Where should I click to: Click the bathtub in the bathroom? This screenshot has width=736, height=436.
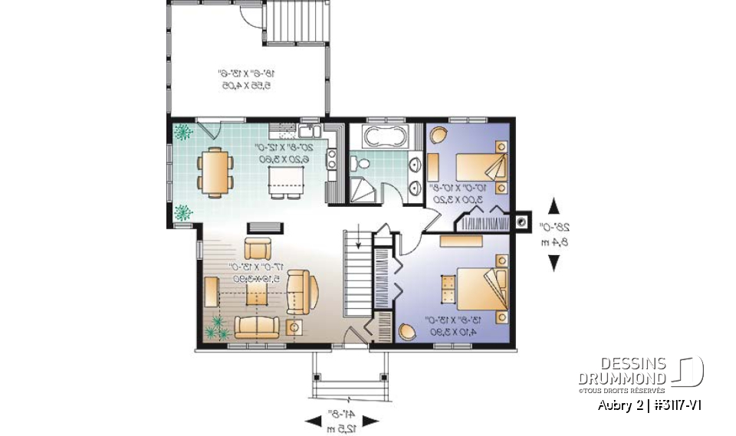click(386, 139)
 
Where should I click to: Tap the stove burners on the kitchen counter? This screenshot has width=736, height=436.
click(332, 159)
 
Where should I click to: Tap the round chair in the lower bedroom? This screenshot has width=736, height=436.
click(407, 332)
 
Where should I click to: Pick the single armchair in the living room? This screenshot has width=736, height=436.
click(257, 248)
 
